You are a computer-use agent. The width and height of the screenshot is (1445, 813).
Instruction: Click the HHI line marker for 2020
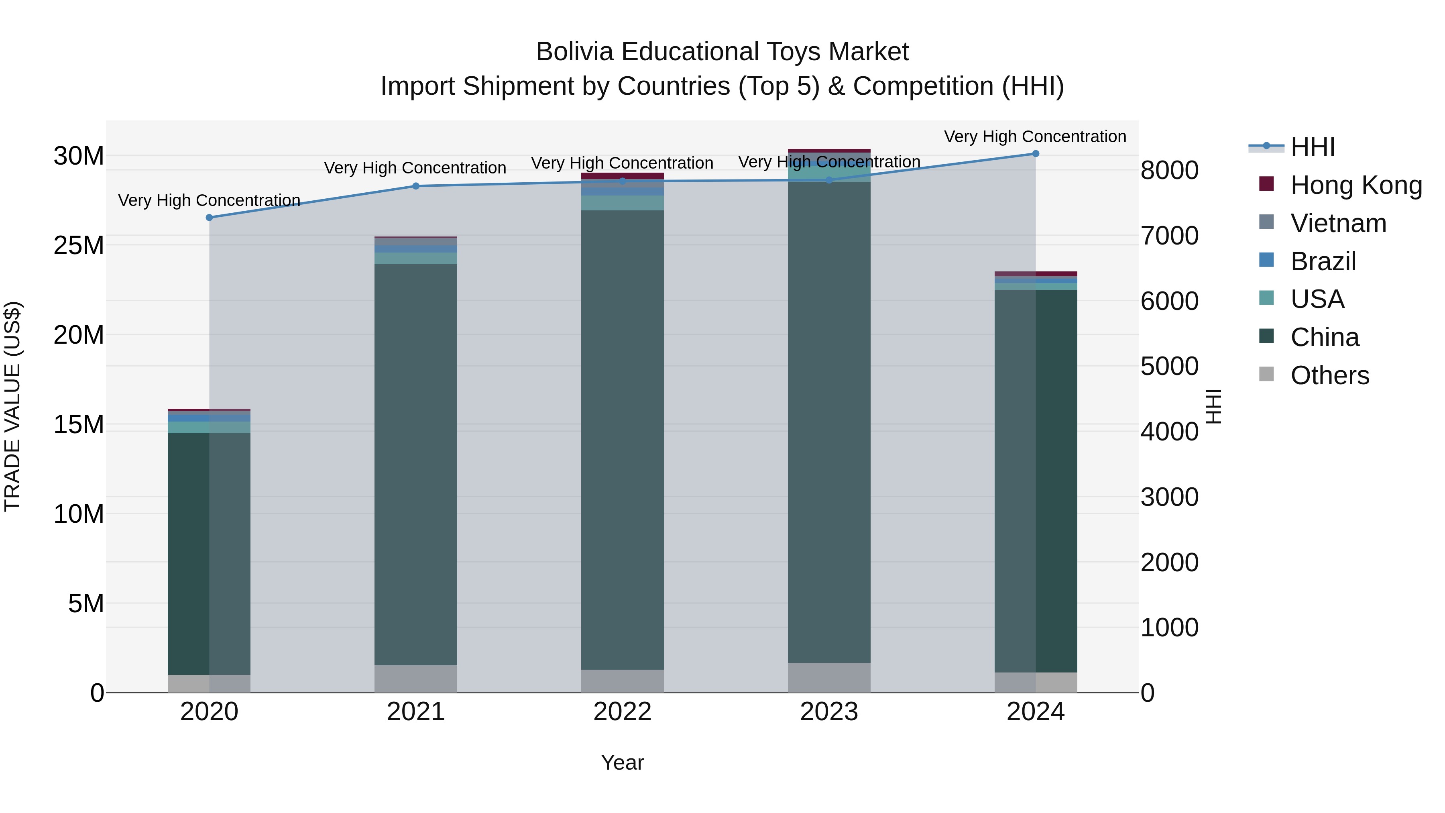click(209, 217)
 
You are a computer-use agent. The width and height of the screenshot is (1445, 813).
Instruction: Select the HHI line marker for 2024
click(1036, 153)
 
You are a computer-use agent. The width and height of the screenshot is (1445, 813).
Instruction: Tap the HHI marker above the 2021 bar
click(416, 186)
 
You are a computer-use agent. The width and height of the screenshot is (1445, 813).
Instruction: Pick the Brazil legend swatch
click(1267, 260)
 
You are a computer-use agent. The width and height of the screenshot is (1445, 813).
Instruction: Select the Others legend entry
click(1329, 375)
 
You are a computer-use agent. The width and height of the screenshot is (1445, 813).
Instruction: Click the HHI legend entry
click(1312, 147)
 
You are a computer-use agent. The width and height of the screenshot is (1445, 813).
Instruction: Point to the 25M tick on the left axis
click(79, 245)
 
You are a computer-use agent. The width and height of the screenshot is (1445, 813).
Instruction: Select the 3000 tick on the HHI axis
click(1170, 497)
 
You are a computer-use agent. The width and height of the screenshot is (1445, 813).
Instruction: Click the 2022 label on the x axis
click(622, 712)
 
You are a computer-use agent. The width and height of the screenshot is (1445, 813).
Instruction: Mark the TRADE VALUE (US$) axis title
click(12, 406)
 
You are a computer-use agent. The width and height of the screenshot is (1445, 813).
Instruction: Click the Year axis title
click(622, 762)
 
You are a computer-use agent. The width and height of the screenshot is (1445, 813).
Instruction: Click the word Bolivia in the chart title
click(574, 52)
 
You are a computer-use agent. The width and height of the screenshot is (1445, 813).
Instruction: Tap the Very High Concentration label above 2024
click(1035, 137)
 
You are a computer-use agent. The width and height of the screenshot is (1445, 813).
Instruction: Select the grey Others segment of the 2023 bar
click(829, 677)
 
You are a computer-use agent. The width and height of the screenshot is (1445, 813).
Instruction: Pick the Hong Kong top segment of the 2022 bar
click(622, 175)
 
